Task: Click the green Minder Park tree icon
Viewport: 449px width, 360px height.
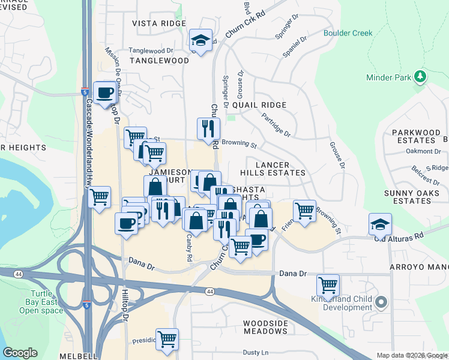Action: [421, 77]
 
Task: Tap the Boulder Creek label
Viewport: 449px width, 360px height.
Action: [348, 34]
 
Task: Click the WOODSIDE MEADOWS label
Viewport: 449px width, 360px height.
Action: [265, 327]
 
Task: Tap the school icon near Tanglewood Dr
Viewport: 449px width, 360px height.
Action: [200, 40]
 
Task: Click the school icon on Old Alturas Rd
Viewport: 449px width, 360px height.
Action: [380, 224]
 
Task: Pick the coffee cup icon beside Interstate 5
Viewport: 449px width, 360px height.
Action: [105, 93]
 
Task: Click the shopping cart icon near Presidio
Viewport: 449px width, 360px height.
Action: [167, 338]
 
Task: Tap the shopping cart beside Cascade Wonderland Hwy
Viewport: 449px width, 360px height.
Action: [100, 196]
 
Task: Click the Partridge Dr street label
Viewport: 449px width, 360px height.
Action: [276, 124]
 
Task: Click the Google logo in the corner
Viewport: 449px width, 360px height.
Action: [20, 353]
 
